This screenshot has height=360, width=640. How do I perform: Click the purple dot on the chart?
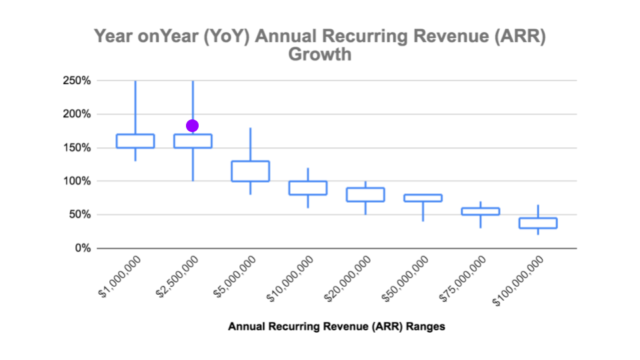(x=192, y=126)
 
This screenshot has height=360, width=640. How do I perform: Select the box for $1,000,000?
(x=135, y=141)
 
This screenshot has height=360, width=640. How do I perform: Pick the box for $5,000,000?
(x=250, y=171)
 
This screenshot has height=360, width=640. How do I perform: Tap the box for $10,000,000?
(x=307, y=187)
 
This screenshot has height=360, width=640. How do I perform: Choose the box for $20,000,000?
(x=365, y=194)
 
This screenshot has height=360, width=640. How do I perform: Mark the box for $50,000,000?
(x=423, y=197)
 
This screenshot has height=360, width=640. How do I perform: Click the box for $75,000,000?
(x=480, y=211)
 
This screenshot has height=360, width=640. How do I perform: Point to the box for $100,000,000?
(x=538, y=223)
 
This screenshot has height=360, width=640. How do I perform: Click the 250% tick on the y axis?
(x=77, y=81)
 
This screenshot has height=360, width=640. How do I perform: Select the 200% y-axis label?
(x=77, y=114)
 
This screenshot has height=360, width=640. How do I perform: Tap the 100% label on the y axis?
(x=77, y=181)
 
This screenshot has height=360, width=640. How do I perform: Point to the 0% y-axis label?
(x=83, y=248)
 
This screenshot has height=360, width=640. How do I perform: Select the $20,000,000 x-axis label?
(x=347, y=281)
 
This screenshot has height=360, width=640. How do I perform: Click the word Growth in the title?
(x=319, y=55)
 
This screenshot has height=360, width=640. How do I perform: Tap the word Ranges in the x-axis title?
(x=426, y=327)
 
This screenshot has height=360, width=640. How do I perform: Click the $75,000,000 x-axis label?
(x=462, y=281)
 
